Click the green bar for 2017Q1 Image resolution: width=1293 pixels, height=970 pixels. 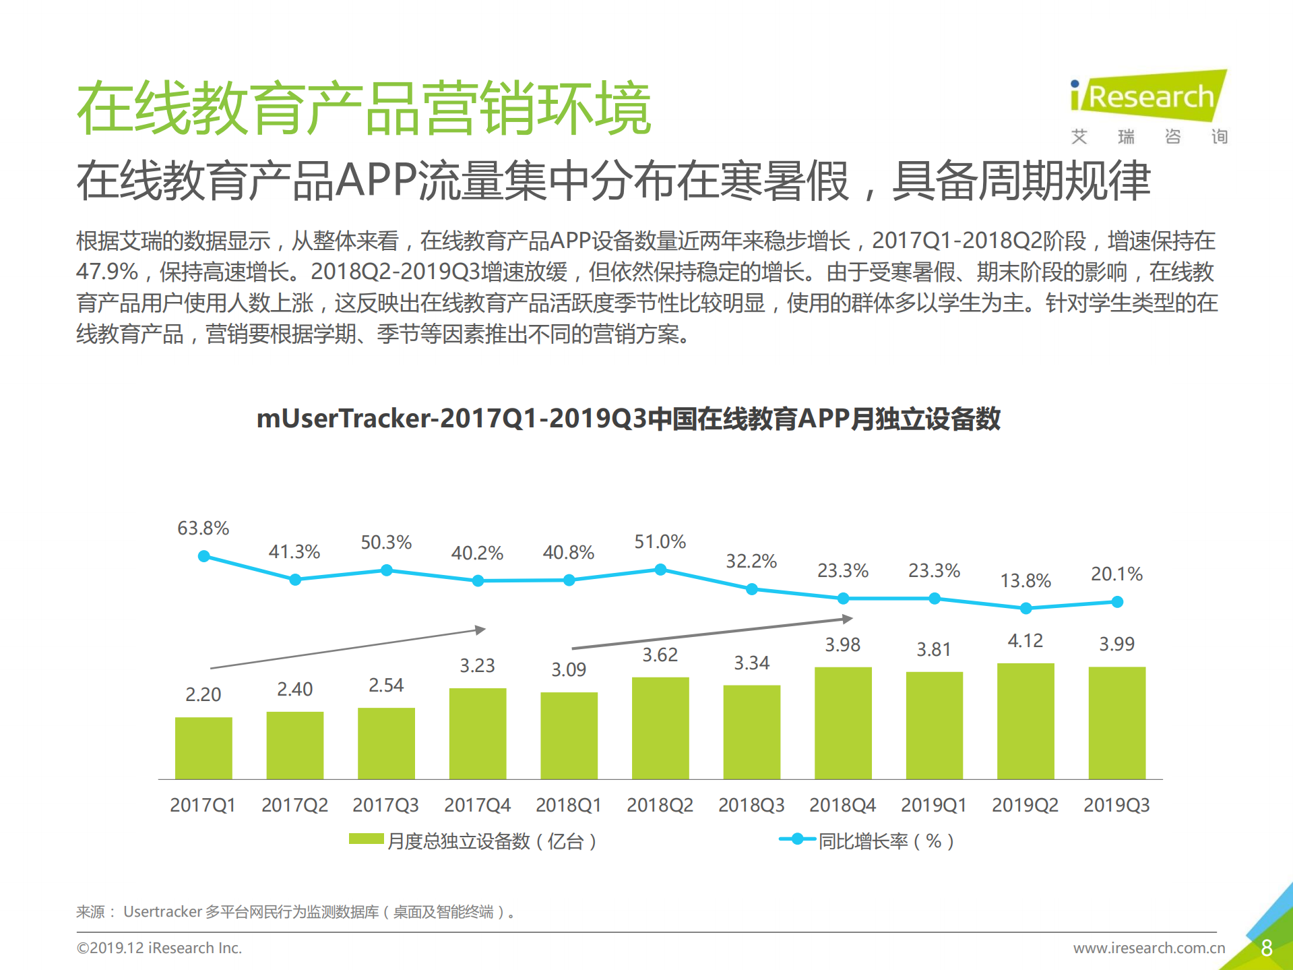[203, 748]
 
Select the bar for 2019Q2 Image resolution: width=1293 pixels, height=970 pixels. [1026, 721]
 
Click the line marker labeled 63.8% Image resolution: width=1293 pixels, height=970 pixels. [204, 556]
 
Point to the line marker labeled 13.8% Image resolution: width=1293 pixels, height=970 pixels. [1026, 608]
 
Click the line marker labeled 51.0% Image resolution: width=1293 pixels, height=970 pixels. [660, 570]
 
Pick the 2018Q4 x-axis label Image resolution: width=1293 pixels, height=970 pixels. [842, 805]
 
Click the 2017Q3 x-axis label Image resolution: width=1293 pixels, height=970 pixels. [385, 805]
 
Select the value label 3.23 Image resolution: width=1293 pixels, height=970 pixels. [477, 665]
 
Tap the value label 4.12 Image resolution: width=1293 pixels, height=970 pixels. [1025, 640]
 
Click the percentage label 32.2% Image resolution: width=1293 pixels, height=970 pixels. [751, 561]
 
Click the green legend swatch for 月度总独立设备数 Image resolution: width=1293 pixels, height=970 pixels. [366, 839]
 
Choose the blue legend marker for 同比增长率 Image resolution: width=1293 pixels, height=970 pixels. [797, 839]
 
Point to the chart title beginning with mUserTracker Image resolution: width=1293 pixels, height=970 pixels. [628, 419]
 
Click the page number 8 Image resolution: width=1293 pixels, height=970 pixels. [1266, 948]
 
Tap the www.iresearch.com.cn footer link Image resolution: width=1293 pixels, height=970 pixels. [1148, 948]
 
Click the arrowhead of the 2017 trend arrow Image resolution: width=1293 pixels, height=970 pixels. [480, 630]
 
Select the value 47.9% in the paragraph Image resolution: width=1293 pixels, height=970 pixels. [106, 272]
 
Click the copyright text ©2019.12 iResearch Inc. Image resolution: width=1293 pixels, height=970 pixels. [159, 948]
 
